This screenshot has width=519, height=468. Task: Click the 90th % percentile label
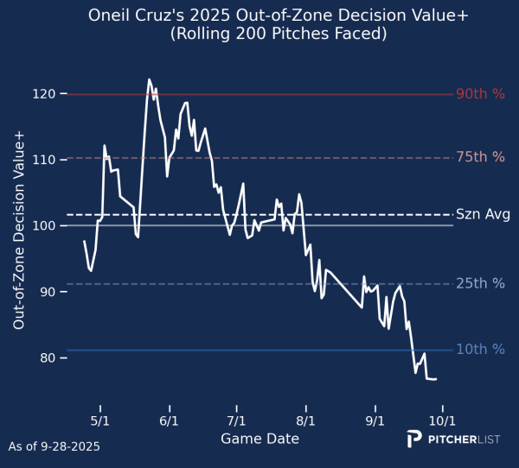coord(480,94)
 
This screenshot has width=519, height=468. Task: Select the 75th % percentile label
coord(480,157)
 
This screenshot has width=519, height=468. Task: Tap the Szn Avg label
coord(483,214)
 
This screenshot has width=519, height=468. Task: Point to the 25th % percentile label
coord(480,284)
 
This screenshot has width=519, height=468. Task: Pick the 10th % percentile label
coord(480,350)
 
